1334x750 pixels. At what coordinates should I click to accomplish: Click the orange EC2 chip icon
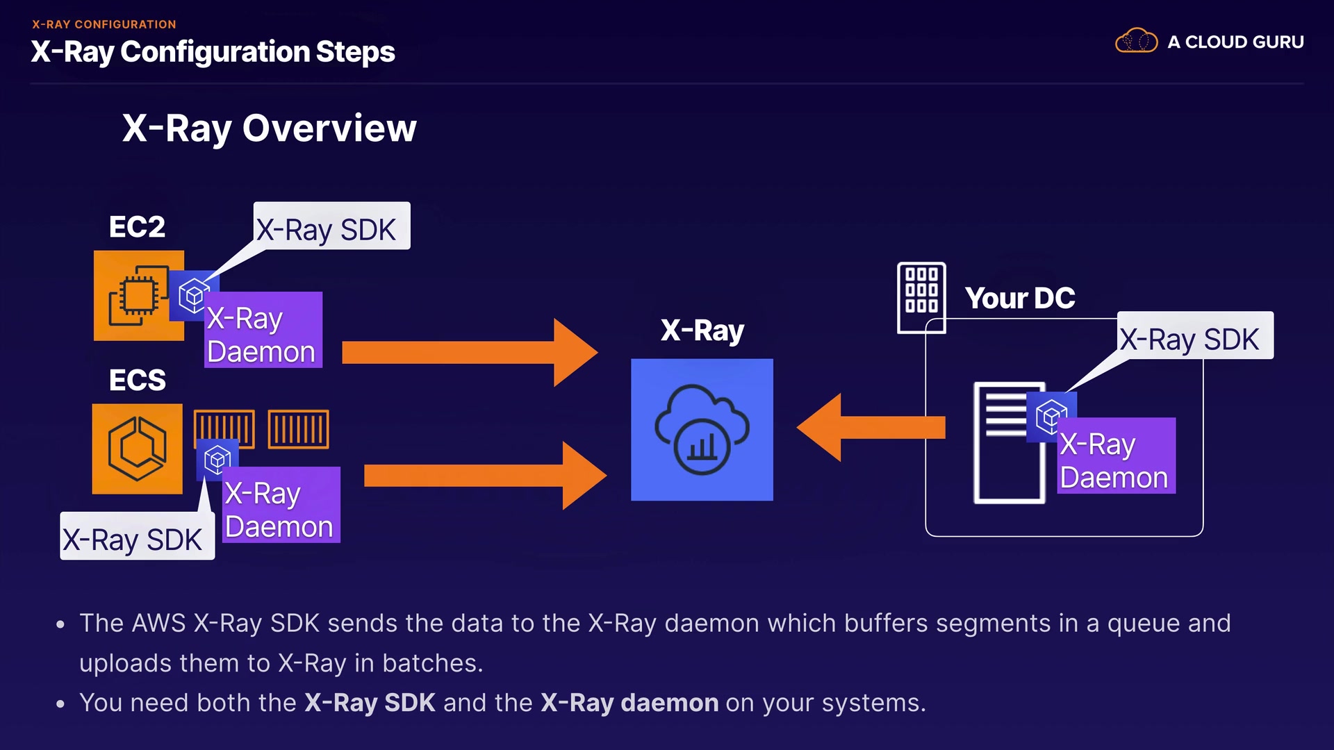138,295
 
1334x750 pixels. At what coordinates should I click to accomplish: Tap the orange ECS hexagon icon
137,449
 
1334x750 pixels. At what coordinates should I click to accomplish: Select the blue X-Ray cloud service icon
702,429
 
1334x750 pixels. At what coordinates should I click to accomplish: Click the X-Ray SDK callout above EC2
331,226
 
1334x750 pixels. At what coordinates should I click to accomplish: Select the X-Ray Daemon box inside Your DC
1116,456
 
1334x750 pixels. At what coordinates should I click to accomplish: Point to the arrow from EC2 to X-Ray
469,352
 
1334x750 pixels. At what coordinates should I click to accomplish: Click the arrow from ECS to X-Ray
484,476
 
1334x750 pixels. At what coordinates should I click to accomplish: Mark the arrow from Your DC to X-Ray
870,427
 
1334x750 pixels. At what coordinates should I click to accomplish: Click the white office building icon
921,297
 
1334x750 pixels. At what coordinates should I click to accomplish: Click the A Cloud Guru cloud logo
1136,42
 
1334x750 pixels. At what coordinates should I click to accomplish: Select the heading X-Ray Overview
269,128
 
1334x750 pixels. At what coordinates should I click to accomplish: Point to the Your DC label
1019,299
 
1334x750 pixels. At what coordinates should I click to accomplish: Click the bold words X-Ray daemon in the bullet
629,703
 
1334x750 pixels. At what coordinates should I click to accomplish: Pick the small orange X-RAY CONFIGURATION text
104,24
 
